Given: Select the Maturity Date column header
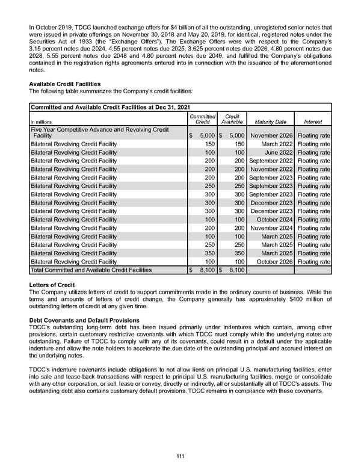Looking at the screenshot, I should coord(270,122).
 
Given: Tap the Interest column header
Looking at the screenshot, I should coord(313,122).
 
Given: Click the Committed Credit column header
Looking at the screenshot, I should coord(202,119).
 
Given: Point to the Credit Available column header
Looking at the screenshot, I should coord(232,119).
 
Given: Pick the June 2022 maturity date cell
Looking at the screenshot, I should coord(279,153).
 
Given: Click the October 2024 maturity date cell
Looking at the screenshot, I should coord(274,220).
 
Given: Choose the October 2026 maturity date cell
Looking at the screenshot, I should coord(274,262).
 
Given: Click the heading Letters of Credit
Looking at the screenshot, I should coord(52,285).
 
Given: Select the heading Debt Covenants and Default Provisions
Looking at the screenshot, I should coord(84,320).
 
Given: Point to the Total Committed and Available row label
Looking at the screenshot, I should coord(91,271).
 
